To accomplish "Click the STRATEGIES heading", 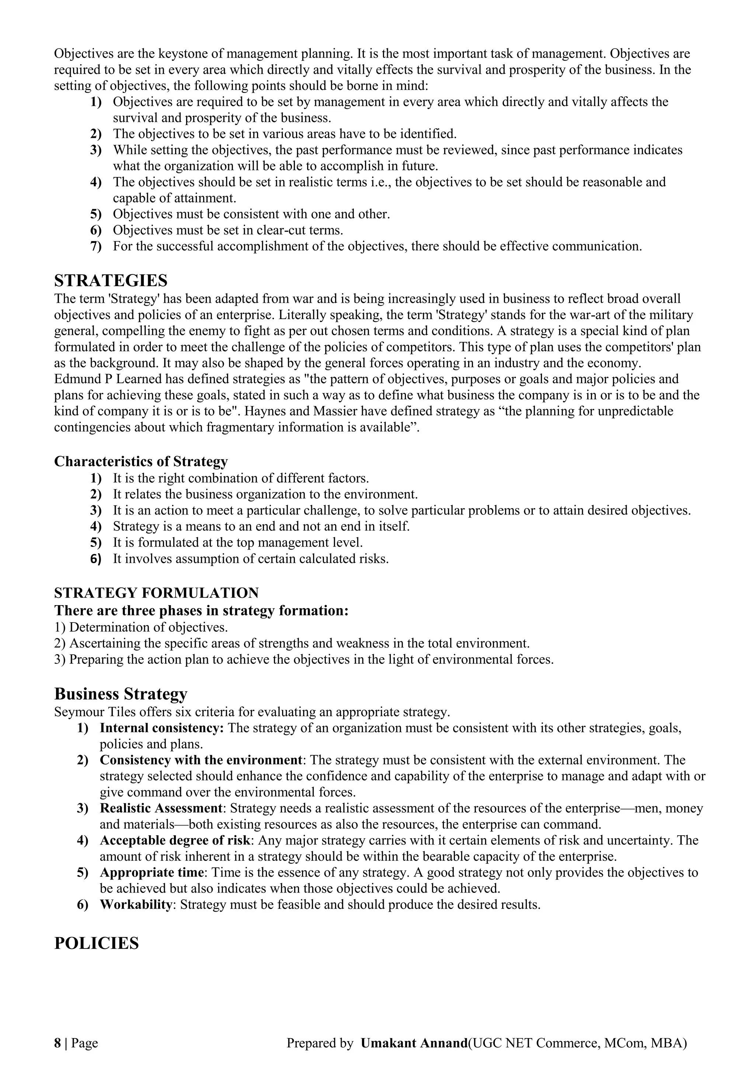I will tap(111, 281).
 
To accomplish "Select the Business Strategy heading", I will tap(121, 694).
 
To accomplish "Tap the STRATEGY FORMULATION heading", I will tap(156, 593).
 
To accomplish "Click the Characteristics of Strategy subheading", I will tap(141, 461).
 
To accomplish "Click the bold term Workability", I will tap(135, 905).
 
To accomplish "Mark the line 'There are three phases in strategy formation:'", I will tap(201, 610).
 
